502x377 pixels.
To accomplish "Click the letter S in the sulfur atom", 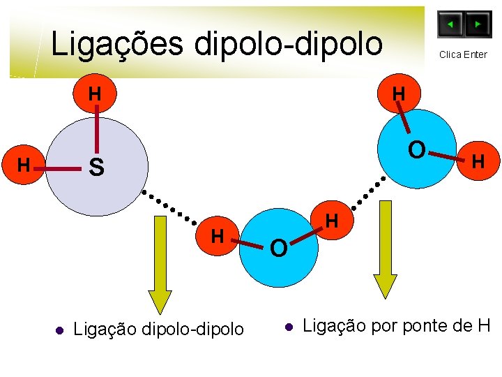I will click(x=97, y=168).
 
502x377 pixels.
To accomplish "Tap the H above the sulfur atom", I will click(x=95, y=94).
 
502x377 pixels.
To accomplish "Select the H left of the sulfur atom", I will click(x=24, y=166).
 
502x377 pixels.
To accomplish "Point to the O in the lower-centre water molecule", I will click(x=278, y=248).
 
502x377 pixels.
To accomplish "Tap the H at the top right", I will click(x=399, y=94).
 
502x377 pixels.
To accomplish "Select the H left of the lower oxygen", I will click(x=218, y=236).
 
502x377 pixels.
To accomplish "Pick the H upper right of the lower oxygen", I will click(x=332, y=221).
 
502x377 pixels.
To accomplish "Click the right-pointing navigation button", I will click(x=478, y=24).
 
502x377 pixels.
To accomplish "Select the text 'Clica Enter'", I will click(x=463, y=54).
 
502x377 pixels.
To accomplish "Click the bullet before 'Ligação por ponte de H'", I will click(x=288, y=326).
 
